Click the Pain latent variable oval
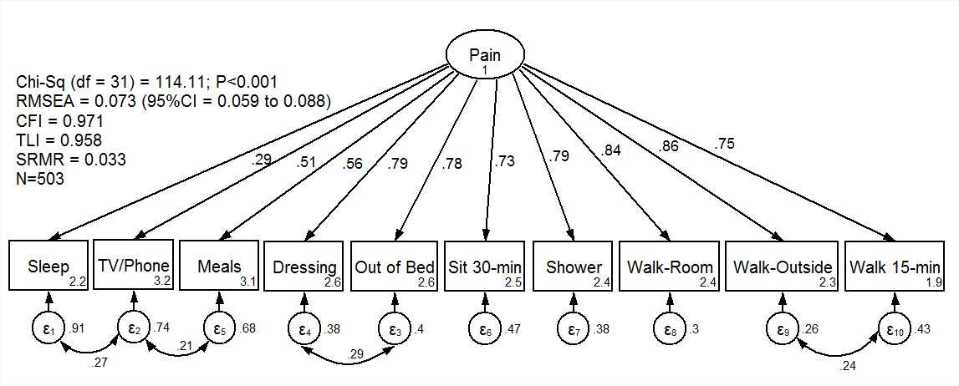pyautogui.click(x=486, y=58)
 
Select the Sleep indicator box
pyautogui.click(x=49, y=267)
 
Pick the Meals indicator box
pyautogui.click(x=219, y=267)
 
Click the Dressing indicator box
pyautogui.click(x=304, y=267)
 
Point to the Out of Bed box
pyautogui.click(x=395, y=267)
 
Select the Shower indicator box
pyautogui.click(x=573, y=267)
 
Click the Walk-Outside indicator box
pyautogui.click(x=782, y=267)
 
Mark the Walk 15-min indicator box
pyautogui.click(x=895, y=267)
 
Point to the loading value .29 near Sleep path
pyautogui.click(x=262, y=160)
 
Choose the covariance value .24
pyautogui.click(x=848, y=365)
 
